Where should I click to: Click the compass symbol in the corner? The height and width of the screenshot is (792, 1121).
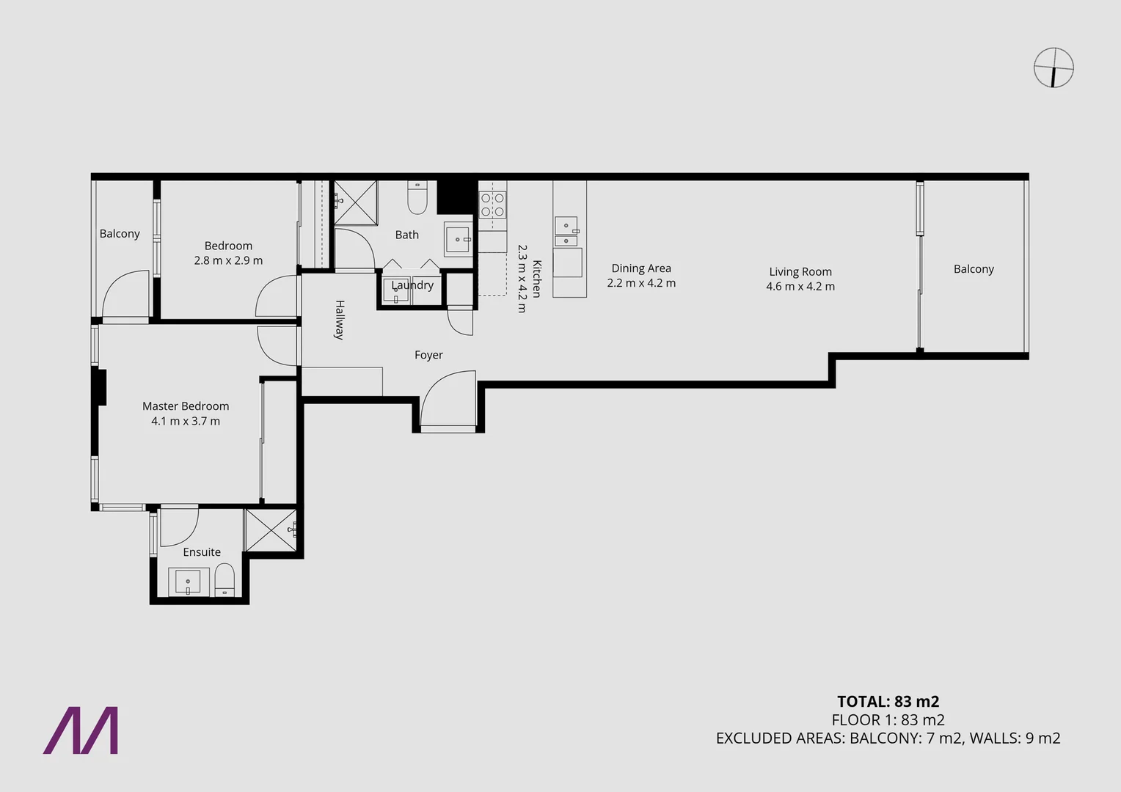click(1054, 67)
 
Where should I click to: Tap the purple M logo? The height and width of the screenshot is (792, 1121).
click(81, 730)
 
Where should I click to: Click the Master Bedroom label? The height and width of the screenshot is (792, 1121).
click(186, 406)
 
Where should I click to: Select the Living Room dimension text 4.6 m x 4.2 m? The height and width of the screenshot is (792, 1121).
click(800, 287)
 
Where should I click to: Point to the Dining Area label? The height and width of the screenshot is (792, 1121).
click(641, 268)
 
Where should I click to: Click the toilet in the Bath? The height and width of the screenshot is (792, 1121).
click(417, 197)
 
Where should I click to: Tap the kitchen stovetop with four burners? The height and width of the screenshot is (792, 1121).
click(492, 205)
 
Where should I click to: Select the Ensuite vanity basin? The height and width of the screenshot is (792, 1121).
click(188, 582)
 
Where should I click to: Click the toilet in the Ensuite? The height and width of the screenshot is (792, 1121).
click(224, 581)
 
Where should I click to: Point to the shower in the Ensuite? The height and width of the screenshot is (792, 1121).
click(271, 529)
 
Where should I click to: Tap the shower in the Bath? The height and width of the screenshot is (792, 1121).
click(355, 202)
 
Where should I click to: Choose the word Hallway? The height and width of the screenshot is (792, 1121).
click(340, 320)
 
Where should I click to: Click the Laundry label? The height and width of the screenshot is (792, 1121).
click(412, 285)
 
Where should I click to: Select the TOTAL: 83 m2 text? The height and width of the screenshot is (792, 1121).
click(888, 701)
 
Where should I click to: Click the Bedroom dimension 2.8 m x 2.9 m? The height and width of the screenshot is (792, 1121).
click(228, 260)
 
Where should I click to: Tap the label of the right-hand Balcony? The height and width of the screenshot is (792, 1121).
click(974, 269)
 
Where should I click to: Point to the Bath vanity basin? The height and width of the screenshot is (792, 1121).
click(459, 239)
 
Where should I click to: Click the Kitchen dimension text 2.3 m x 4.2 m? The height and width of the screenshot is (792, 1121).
click(522, 279)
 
